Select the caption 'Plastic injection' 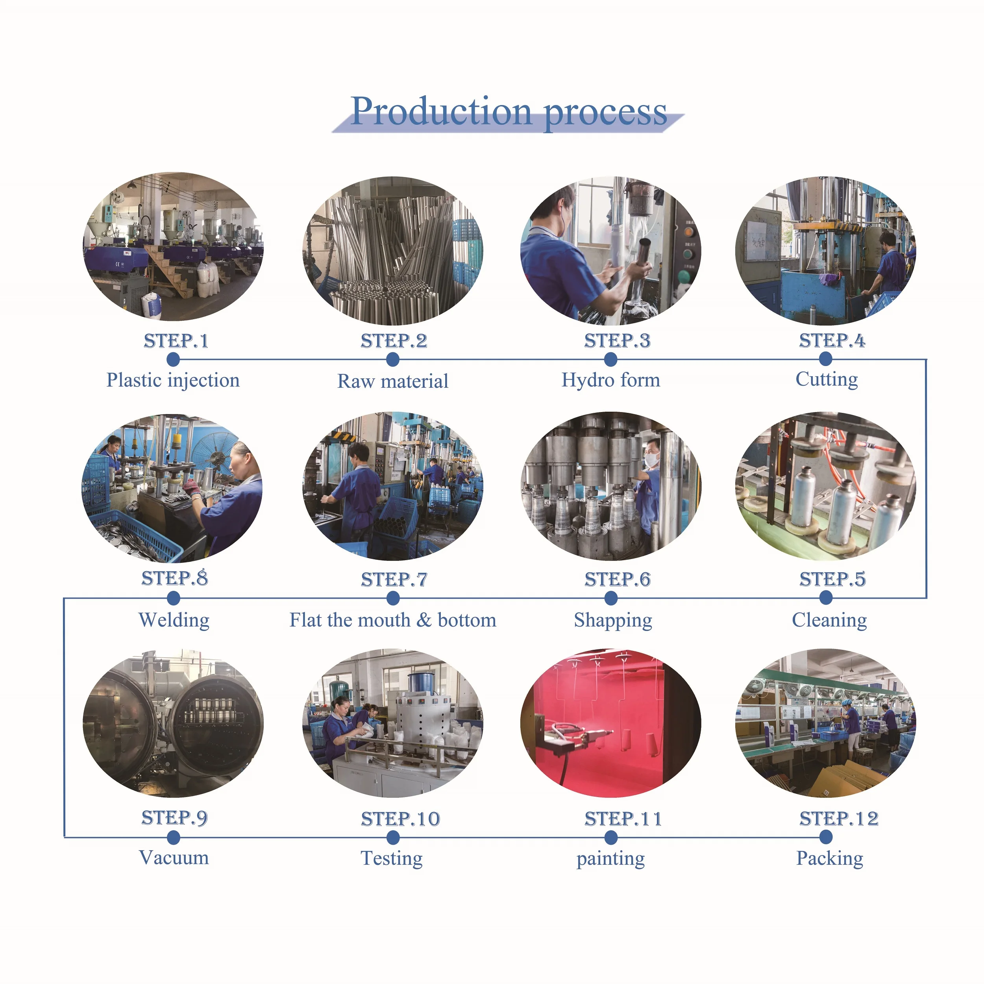(x=173, y=380)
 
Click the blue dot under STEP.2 (x=393, y=360)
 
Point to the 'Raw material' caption (x=393, y=381)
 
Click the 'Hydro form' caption (x=611, y=380)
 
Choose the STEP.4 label (x=832, y=340)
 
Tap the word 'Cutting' (x=827, y=379)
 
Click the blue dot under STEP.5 (x=826, y=598)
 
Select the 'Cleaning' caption (x=829, y=620)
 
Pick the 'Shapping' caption (x=613, y=620)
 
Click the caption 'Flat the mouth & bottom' (x=393, y=620)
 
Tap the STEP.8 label (x=175, y=578)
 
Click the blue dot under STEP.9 (x=174, y=837)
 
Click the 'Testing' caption (x=392, y=858)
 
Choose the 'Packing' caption (x=830, y=858)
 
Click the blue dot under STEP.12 (x=826, y=836)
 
